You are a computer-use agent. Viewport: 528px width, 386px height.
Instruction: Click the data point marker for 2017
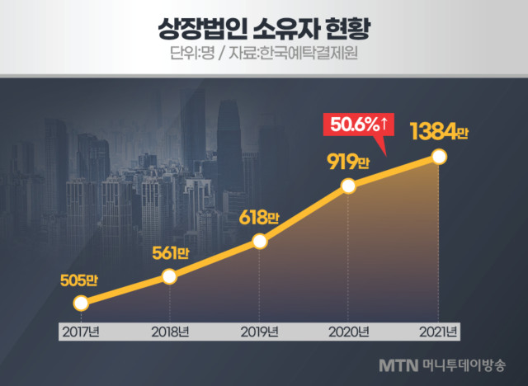80,303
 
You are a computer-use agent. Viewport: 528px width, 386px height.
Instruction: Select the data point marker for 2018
169,276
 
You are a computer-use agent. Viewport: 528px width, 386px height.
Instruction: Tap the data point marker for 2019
259,241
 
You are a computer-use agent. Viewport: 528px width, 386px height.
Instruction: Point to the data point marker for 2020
348,187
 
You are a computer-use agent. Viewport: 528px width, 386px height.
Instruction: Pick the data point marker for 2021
439,157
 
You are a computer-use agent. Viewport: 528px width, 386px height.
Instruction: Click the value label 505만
78,280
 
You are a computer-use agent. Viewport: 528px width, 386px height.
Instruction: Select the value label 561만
168,252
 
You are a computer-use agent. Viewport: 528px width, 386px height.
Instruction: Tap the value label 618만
258,218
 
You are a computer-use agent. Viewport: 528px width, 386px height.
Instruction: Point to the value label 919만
346,162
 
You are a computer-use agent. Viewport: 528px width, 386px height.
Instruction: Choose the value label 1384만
438,131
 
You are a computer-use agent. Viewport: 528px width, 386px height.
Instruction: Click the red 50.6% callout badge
361,125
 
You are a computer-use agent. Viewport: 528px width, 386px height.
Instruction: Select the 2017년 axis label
80,332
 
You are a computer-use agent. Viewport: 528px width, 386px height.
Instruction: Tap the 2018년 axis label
169,332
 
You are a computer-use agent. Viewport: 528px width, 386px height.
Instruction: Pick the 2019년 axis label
259,332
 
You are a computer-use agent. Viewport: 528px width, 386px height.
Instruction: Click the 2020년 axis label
348,332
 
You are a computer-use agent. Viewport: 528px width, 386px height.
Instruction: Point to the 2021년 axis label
437,332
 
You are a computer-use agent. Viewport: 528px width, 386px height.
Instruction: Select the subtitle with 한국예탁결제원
263,58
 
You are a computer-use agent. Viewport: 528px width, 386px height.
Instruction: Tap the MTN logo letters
399,364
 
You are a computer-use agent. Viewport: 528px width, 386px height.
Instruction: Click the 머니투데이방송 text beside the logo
464,364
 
